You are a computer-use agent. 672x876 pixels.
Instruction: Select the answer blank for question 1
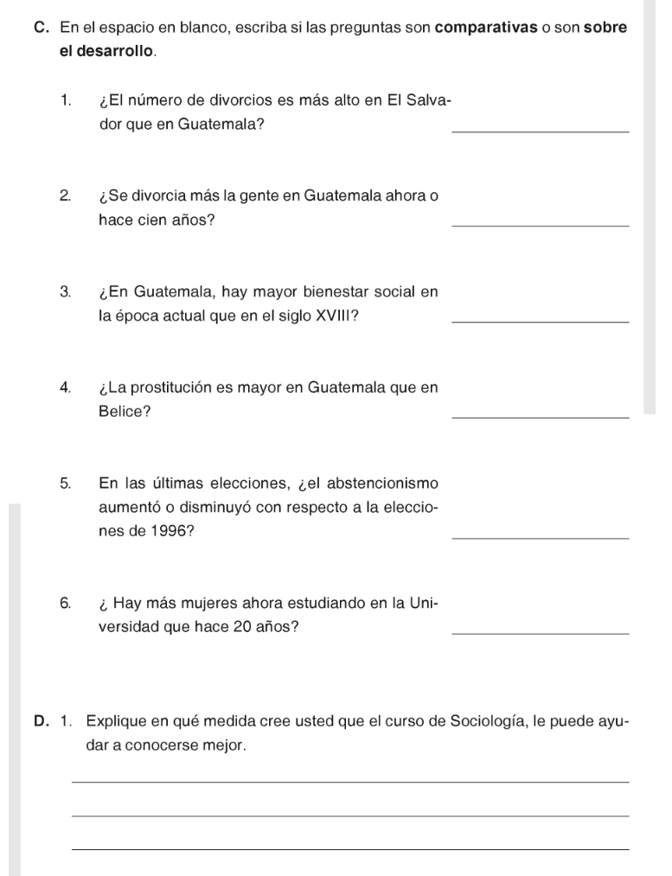point(540,131)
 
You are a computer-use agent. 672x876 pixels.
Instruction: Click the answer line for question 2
point(540,226)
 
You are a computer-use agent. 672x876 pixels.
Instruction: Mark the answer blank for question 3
point(540,322)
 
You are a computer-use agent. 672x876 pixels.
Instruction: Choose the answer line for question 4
point(540,418)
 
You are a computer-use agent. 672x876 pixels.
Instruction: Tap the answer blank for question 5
point(540,538)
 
